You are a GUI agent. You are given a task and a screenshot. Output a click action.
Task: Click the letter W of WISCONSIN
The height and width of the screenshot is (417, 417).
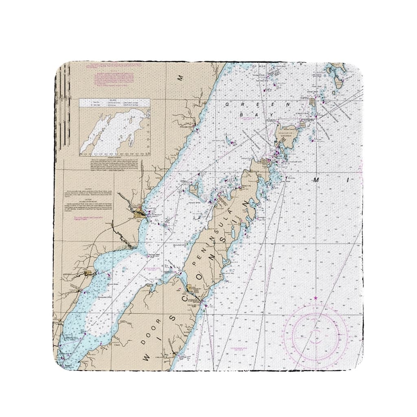[x=146, y=358]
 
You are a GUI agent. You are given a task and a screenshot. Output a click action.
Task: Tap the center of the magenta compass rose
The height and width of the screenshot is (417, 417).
[x=316, y=335]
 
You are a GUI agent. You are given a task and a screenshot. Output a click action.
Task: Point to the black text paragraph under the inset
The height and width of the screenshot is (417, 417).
[x=116, y=165]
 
